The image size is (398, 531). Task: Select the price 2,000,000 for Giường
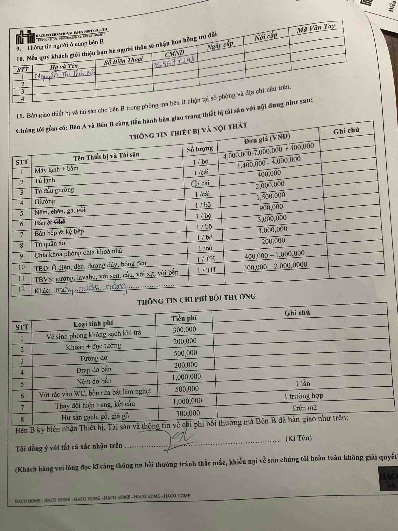pos(270,185)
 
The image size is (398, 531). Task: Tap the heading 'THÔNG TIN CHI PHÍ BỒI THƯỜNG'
pos(196,299)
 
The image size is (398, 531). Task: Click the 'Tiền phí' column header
pos(184,318)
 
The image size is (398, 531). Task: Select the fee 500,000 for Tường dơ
pos(185,353)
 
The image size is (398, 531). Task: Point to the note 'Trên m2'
pos(304,408)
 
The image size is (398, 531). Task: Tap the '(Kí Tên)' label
pos(298,438)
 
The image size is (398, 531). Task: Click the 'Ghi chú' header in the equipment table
pos(346,130)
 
